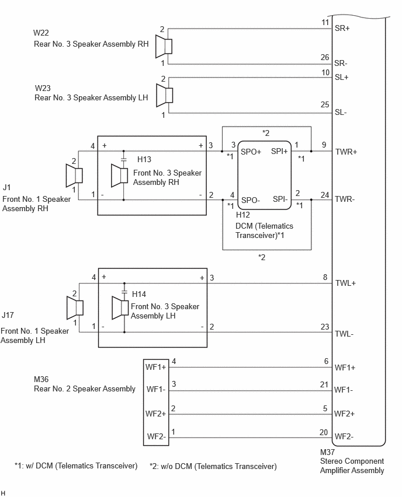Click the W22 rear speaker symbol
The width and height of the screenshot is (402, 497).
(x=164, y=46)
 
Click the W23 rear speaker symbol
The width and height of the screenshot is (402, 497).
(x=165, y=95)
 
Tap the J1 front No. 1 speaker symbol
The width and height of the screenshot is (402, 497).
(x=74, y=175)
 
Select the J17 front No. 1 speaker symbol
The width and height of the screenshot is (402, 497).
(x=75, y=307)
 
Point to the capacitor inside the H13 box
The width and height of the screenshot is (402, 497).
(x=123, y=160)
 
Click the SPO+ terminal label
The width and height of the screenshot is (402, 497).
(x=251, y=152)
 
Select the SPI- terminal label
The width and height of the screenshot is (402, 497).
(x=280, y=199)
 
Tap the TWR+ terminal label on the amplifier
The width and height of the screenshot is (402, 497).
(x=346, y=152)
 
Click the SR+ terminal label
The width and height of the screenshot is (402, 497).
(x=342, y=28)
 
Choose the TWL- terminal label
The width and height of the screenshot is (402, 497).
(x=345, y=334)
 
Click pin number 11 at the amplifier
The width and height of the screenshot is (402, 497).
(x=325, y=22)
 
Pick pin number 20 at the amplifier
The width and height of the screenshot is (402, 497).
(x=324, y=432)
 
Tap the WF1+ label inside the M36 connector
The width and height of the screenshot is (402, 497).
(x=155, y=367)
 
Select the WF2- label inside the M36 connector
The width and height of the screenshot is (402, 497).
(x=156, y=436)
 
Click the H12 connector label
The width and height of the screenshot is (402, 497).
(x=243, y=215)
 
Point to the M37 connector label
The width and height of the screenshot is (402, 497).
(x=327, y=452)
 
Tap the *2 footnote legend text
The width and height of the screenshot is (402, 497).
(x=213, y=466)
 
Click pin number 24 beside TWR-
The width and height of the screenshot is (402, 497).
(x=324, y=195)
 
